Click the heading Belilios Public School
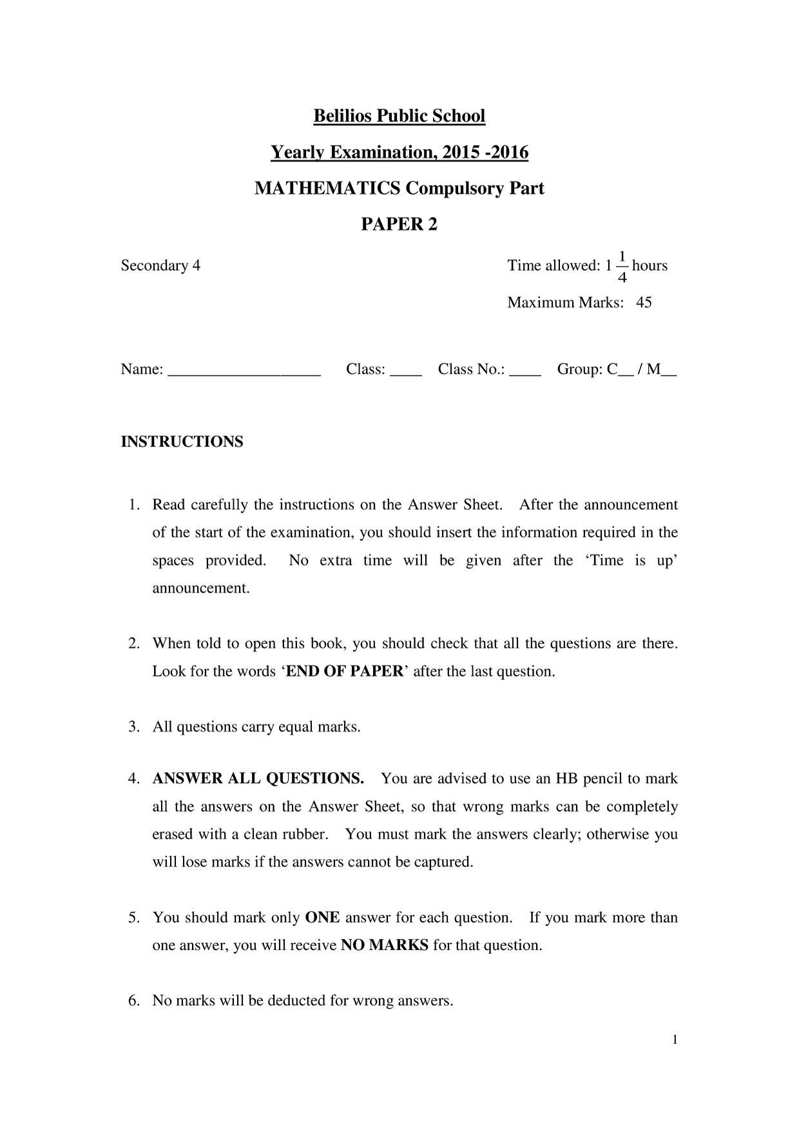[x=399, y=116]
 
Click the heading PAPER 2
[x=399, y=224]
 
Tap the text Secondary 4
[x=160, y=265]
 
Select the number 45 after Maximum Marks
[x=644, y=302]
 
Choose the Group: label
[x=580, y=369]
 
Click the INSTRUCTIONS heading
[x=182, y=442]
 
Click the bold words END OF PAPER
[x=344, y=671]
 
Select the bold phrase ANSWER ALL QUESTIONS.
[x=258, y=779]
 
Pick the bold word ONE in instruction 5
[x=322, y=917]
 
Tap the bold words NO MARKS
[x=385, y=945]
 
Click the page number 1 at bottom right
[x=674, y=1039]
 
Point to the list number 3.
[x=134, y=727]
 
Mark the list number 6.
[x=134, y=1000]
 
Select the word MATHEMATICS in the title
[x=327, y=188]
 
